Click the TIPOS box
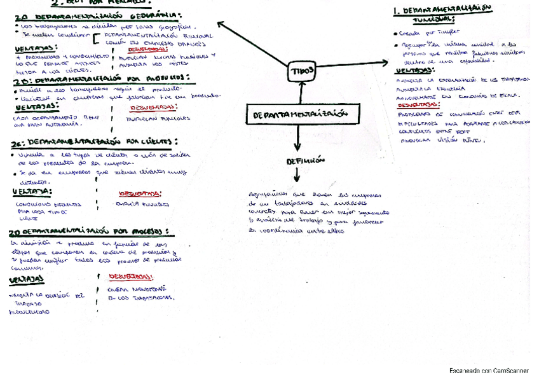pos(301,72)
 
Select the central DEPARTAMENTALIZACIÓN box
pos(301,114)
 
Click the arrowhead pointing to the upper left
pos(221,24)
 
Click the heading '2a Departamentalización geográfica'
pos(95,15)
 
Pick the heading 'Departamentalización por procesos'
pos(89,232)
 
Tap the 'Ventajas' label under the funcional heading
pos(413,71)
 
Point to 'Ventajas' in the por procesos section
pos(27,279)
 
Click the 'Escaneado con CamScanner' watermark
pos(489,370)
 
